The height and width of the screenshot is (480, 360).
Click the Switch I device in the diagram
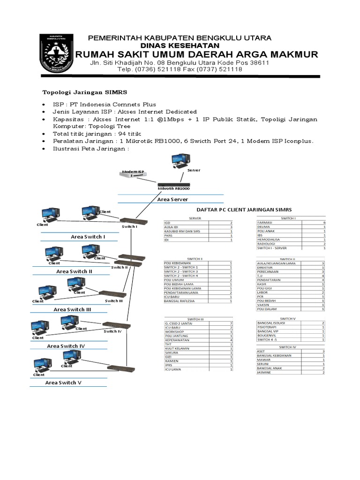134,221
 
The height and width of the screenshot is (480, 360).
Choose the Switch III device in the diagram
112,294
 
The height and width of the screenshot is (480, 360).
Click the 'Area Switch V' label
63,382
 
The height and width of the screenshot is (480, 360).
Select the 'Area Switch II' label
74,271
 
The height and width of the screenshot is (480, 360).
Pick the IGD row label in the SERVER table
167,223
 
